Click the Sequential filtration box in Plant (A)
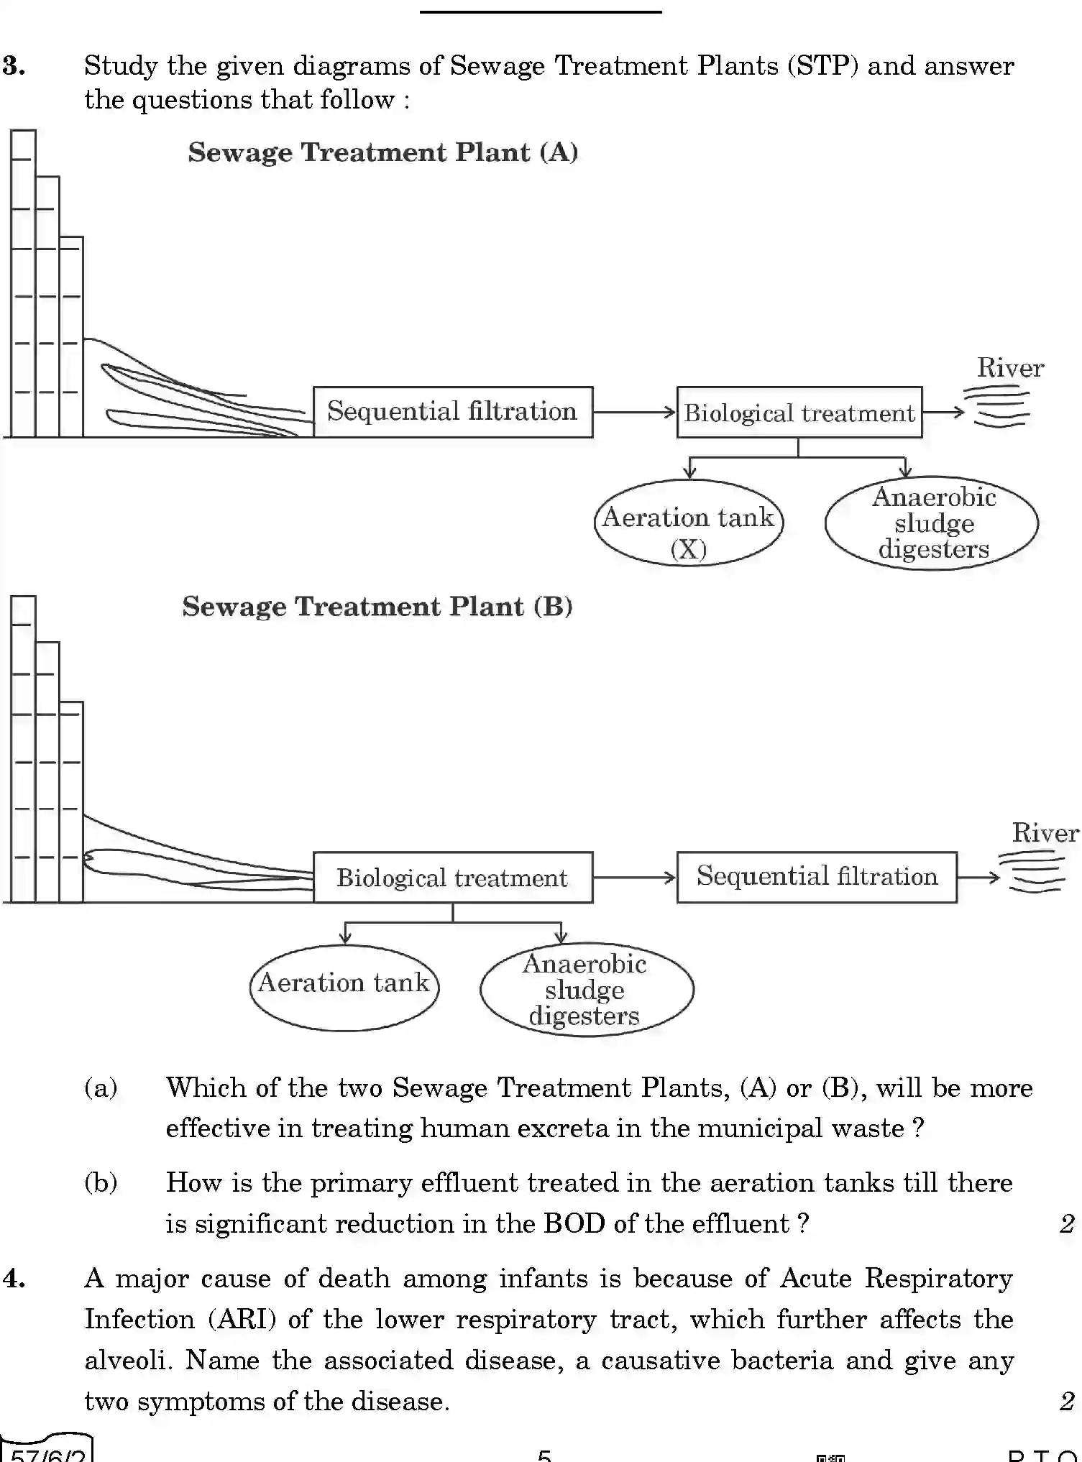[453, 412]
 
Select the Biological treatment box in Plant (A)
[799, 413]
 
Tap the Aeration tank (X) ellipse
[688, 523]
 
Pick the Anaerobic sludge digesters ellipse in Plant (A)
[932, 523]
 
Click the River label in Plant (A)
[1009, 368]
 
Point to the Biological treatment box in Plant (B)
[453, 878]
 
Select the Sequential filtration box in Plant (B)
[817, 877]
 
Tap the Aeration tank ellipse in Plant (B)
[344, 988]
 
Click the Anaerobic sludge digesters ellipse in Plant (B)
[586, 990]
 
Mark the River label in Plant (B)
[1045, 833]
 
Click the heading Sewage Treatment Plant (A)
[382, 152]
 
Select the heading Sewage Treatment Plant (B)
[377, 607]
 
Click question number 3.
[14, 66]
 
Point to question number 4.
[14, 1279]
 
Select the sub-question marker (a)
[101, 1088]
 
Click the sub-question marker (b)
[101, 1182]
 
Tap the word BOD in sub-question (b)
[574, 1223]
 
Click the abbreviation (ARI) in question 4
[242, 1320]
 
